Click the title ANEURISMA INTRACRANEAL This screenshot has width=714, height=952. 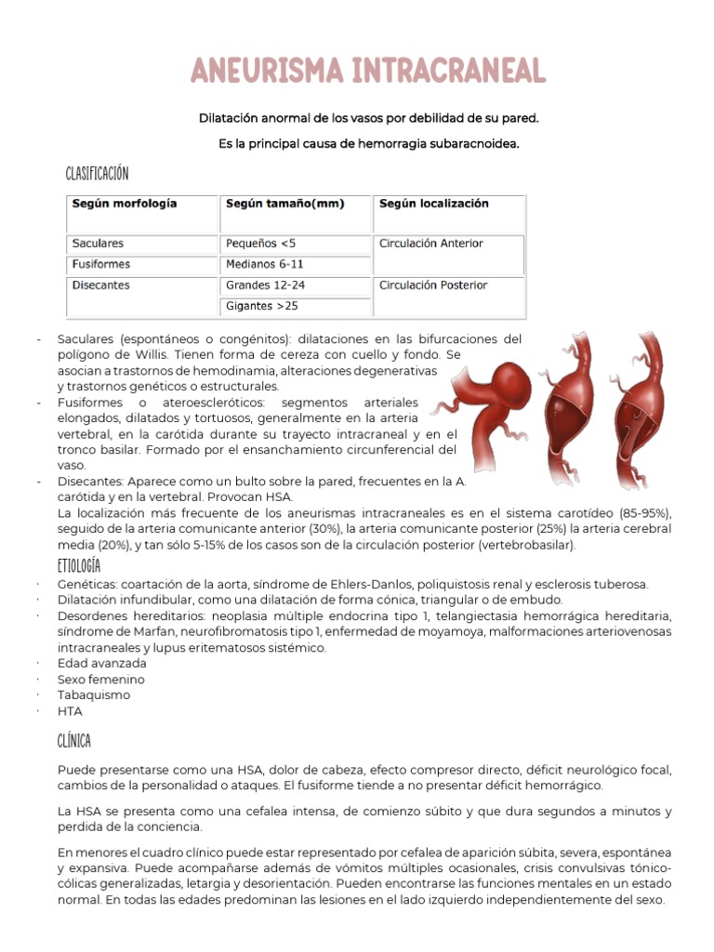click(x=369, y=71)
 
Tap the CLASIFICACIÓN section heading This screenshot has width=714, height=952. click(x=97, y=174)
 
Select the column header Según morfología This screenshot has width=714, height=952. click(x=124, y=204)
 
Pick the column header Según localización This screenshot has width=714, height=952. click(x=433, y=204)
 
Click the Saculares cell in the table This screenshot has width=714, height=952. click(x=98, y=244)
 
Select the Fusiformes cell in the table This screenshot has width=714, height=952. click(x=100, y=264)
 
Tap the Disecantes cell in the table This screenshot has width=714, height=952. click(x=100, y=285)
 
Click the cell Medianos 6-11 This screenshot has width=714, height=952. click(x=265, y=264)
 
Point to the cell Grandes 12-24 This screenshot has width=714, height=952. click(x=265, y=285)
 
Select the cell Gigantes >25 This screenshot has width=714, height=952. click(x=262, y=306)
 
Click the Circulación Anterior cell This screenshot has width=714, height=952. click(x=431, y=244)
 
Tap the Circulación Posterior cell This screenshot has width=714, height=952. click(x=433, y=285)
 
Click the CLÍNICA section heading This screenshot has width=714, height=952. click(x=73, y=740)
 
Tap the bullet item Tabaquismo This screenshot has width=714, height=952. click(x=94, y=694)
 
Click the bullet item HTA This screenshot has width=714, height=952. click(x=70, y=711)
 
